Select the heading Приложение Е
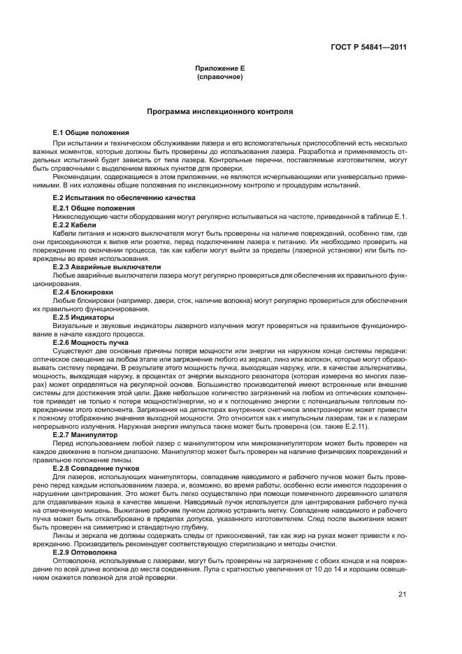[220, 69]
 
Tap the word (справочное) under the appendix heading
[220, 76]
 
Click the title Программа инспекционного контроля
[219, 112]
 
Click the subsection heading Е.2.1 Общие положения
[94, 208]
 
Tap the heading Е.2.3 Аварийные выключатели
[107, 266]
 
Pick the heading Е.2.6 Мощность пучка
[91, 341]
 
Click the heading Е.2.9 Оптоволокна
[88, 552]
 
